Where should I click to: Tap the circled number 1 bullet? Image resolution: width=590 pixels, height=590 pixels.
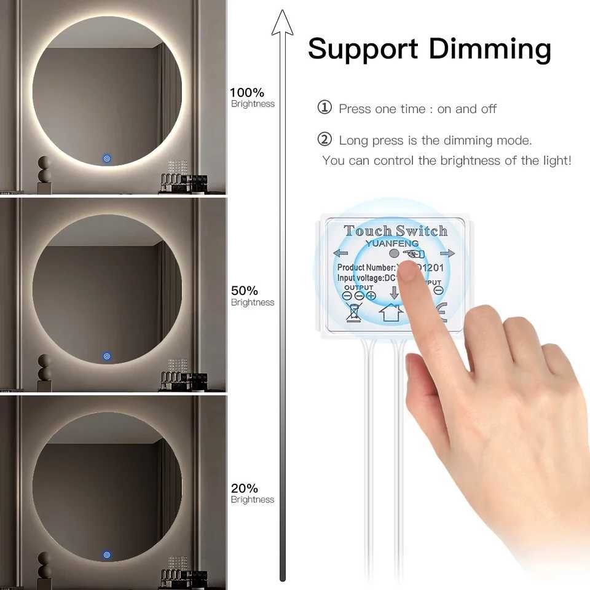pos(324,108)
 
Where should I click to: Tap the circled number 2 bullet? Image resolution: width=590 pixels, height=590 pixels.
pos(324,140)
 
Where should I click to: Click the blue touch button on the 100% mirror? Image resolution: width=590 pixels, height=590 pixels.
pos(107,158)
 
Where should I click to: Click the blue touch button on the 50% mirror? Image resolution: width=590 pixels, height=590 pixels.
pos(107,356)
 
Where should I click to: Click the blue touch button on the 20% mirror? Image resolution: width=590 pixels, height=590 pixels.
pos(107,554)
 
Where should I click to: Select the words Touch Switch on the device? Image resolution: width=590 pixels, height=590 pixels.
pos(395,231)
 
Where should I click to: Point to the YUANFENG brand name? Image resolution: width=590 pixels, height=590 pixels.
pos(391,243)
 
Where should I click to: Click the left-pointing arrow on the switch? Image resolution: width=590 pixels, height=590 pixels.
pos(340,253)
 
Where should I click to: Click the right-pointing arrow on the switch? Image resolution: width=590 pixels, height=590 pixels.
pos(447,253)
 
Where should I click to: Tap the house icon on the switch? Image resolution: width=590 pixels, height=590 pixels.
pos(391,312)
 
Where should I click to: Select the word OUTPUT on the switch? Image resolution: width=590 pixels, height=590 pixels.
pos(358,287)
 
